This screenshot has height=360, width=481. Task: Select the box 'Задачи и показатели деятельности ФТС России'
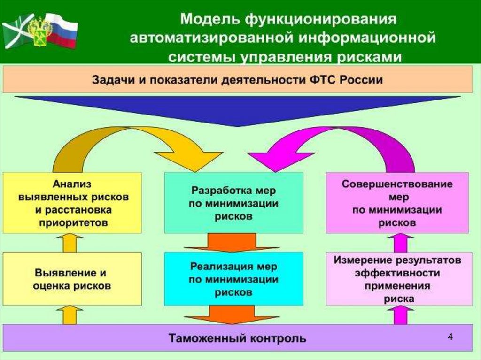237,79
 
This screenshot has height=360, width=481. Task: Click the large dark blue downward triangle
237,110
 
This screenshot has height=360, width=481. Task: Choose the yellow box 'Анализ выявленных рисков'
72,202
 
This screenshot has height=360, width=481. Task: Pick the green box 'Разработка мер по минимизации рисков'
233,203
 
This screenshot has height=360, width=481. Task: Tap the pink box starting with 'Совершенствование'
397,203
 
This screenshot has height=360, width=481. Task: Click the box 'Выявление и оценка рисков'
72,279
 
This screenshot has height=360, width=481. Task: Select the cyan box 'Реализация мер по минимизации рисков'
233,279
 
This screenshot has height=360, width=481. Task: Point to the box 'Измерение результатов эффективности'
397,279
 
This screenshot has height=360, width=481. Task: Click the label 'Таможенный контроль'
237,337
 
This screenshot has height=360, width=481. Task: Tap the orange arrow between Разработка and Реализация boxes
233,243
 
